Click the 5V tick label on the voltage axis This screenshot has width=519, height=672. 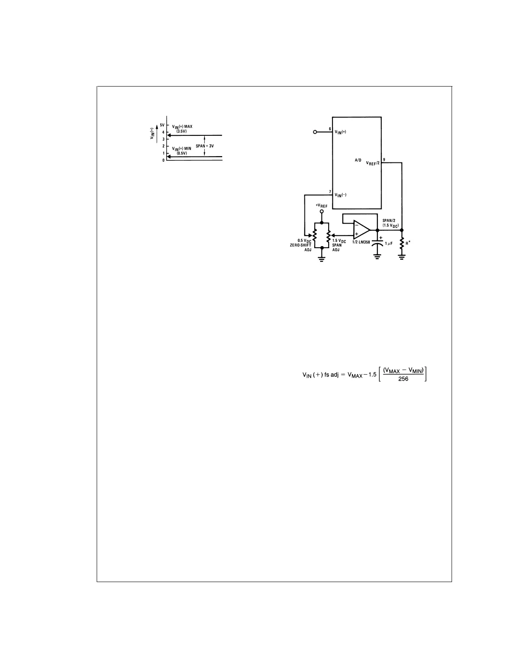coord(162,126)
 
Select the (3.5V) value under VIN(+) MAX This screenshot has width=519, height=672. coord(181,132)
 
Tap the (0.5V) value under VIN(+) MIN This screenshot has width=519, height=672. coord(181,153)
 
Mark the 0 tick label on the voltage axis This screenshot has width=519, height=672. coord(163,160)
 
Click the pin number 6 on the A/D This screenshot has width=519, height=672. coord(329,129)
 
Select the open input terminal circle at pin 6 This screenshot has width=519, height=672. coord(315,132)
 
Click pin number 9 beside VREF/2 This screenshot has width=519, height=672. coord(384,160)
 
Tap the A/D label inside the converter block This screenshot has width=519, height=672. coord(358,161)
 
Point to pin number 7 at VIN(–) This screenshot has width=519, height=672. coord(329,192)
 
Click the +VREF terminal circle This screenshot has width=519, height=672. coord(321,211)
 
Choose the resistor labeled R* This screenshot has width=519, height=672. coord(402,244)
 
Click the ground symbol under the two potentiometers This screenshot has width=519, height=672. coord(321,258)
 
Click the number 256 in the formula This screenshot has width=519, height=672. coord(403,379)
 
